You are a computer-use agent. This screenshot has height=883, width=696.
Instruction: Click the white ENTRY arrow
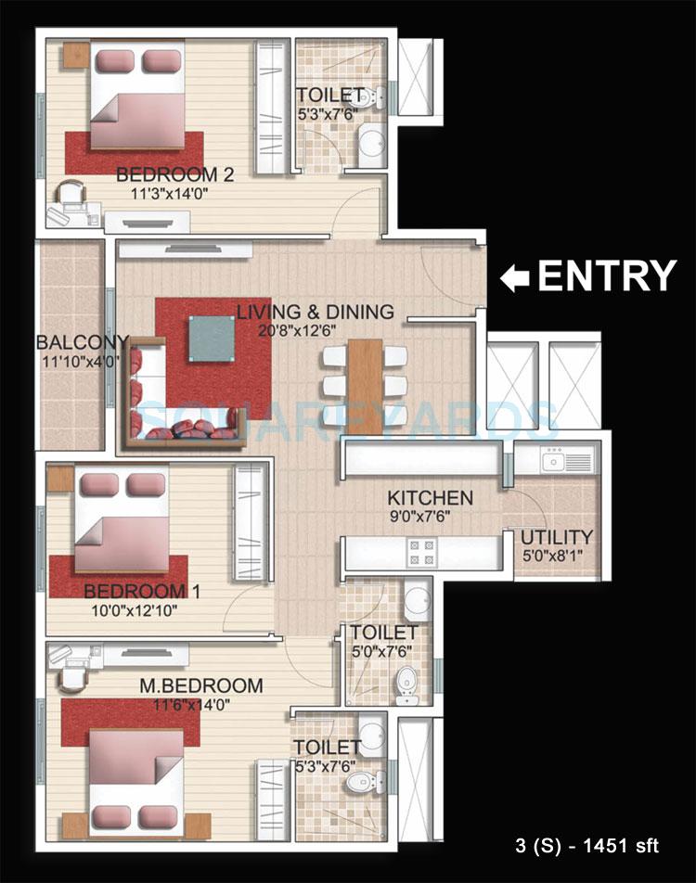(x=516, y=277)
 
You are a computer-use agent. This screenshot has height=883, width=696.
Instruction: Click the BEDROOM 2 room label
(x=174, y=173)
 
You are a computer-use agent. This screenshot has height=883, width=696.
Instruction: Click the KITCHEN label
(x=430, y=498)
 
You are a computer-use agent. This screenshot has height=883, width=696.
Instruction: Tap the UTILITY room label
(x=556, y=538)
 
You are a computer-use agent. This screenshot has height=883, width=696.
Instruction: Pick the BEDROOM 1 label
(x=142, y=591)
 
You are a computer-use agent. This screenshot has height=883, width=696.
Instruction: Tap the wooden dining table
(x=365, y=385)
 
